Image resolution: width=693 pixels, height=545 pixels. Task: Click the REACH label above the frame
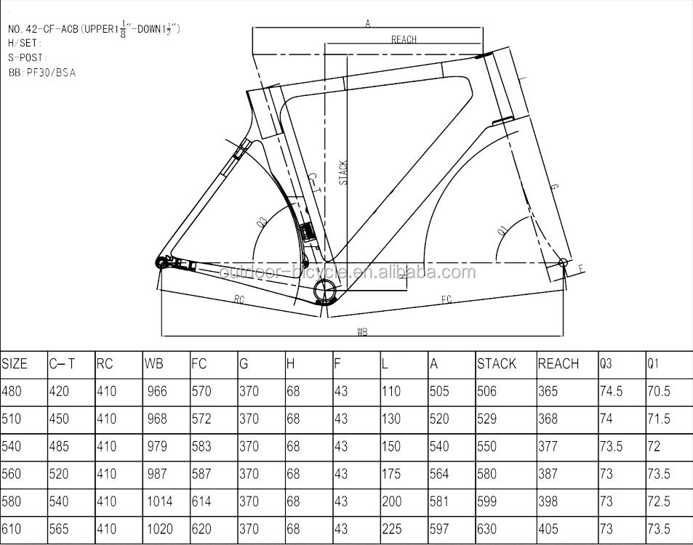click(404, 39)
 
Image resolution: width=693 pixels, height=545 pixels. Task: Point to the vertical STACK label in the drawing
click(344, 172)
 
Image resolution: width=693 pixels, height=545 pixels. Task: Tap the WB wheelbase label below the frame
click(362, 331)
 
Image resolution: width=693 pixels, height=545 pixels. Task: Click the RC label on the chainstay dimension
click(239, 299)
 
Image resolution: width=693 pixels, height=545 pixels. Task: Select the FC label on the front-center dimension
click(446, 299)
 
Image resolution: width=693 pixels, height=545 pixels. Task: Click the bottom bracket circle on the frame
click(324, 292)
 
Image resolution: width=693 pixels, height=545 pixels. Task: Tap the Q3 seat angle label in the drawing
click(261, 222)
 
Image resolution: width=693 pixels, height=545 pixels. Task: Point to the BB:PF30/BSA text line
click(42, 73)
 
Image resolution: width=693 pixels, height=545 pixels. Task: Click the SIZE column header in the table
click(15, 364)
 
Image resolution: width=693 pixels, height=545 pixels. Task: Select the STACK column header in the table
click(497, 364)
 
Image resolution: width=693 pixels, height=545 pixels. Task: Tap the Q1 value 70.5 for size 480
click(659, 392)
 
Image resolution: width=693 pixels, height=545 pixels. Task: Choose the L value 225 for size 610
click(391, 529)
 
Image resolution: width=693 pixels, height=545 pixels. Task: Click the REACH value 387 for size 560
click(548, 474)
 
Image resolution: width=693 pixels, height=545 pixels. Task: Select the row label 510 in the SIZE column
click(12, 419)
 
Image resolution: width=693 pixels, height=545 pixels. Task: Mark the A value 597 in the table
click(439, 529)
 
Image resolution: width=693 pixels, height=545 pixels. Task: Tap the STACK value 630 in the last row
click(487, 529)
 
